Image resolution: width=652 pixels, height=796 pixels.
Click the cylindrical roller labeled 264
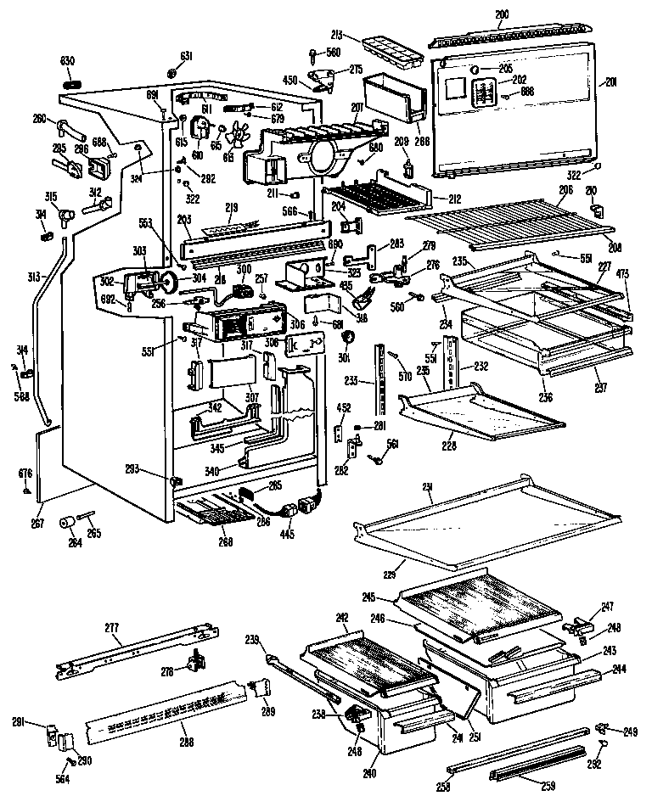(65, 522)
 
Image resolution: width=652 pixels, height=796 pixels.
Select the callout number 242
(341, 618)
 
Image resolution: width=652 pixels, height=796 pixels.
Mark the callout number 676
(26, 473)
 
